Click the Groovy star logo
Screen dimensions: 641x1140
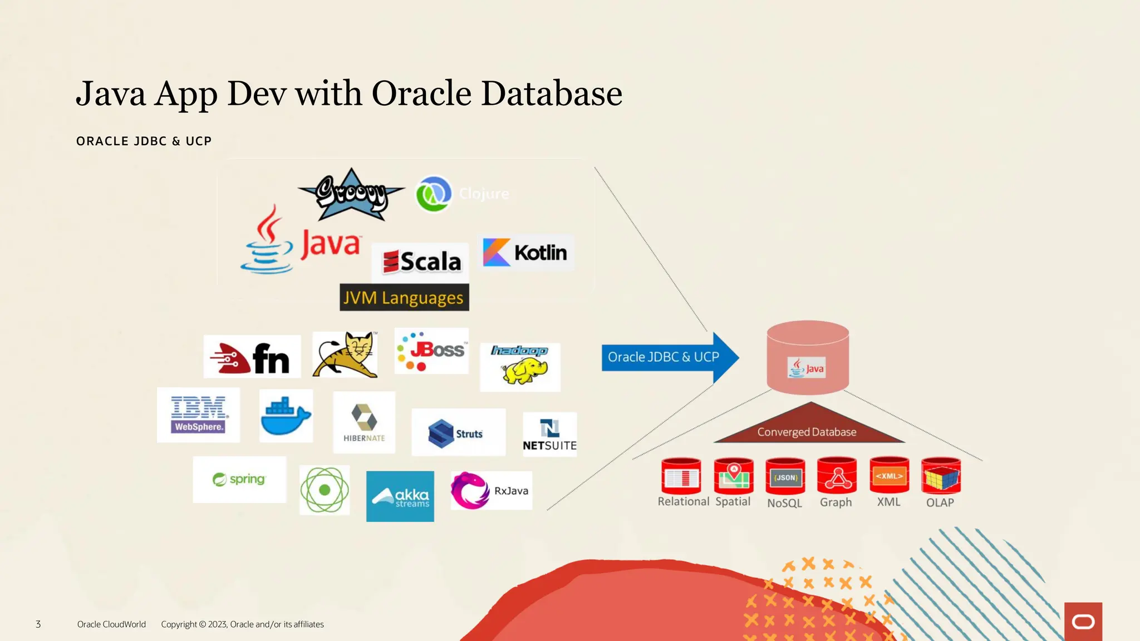tap(351, 194)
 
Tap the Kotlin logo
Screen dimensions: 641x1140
tap(525, 253)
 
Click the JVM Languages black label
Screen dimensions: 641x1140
tap(404, 298)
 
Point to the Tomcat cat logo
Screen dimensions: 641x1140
tap(346, 354)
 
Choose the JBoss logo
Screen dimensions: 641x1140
tap(431, 351)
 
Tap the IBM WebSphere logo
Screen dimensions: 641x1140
tap(199, 415)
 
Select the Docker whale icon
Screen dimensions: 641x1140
tap(286, 416)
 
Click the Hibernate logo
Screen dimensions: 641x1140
tap(364, 422)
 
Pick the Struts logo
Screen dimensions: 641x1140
tap(458, 433)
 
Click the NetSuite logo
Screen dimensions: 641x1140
tap(549, 435)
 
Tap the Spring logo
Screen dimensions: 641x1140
tap(239, 479)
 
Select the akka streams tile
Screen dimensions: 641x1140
tap(400, 496)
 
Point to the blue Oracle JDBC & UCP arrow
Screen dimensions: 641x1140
tap(668, 357)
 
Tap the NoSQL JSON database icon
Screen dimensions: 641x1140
tap(785, 477)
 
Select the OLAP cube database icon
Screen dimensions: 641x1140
tap(941, 476)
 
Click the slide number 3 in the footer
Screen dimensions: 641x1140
tap(38, 624)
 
